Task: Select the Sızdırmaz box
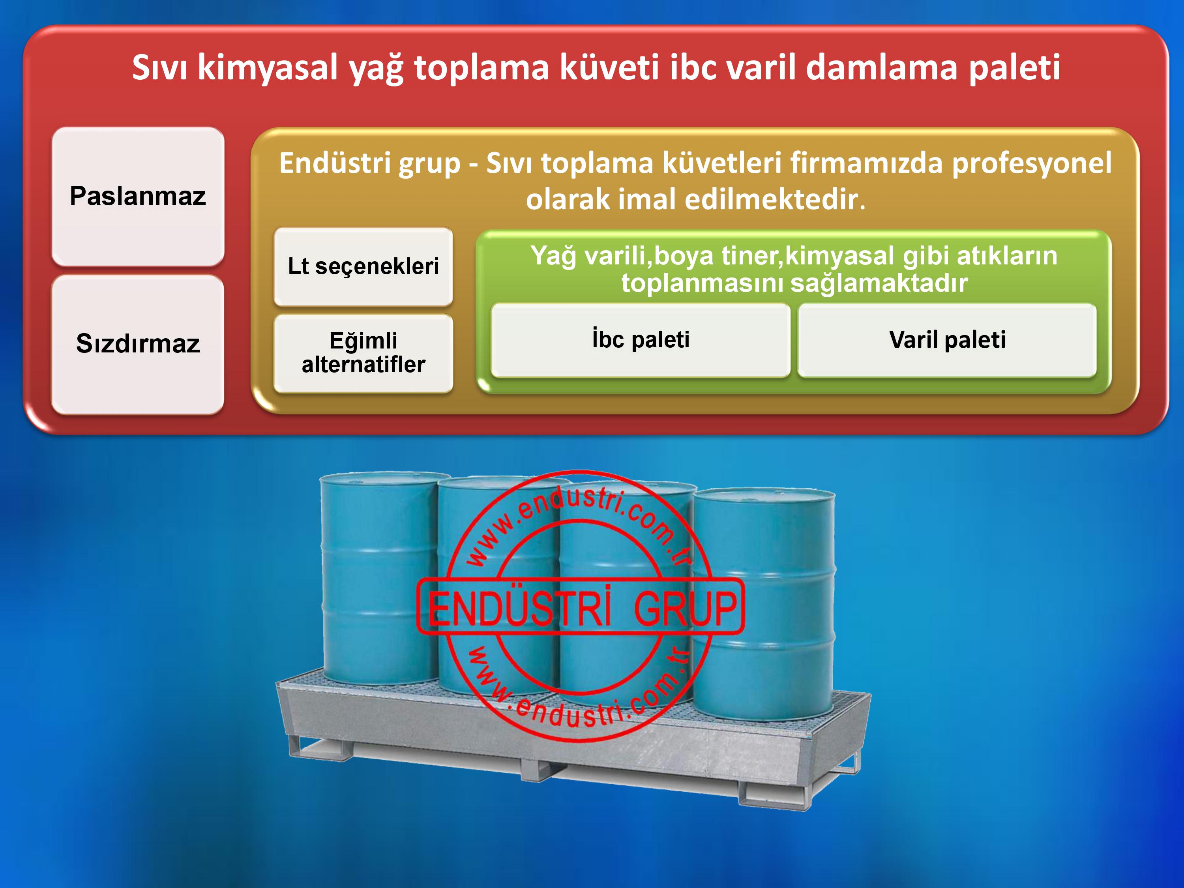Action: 138,344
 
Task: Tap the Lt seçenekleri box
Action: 363,266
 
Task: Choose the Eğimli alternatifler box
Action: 363,353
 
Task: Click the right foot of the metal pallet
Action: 774,796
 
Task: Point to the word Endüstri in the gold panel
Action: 370,163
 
